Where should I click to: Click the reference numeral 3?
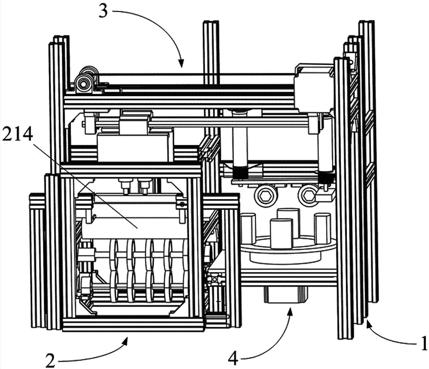(103, 12)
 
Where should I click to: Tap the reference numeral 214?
(18, 135)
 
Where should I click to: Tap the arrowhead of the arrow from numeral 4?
(290, 311)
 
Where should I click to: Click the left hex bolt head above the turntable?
(263, 195)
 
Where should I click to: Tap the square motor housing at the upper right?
(314, 89)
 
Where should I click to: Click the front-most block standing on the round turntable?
(281, 234)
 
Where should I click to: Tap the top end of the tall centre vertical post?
(211, 22)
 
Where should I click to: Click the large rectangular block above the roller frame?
(135, 147)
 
